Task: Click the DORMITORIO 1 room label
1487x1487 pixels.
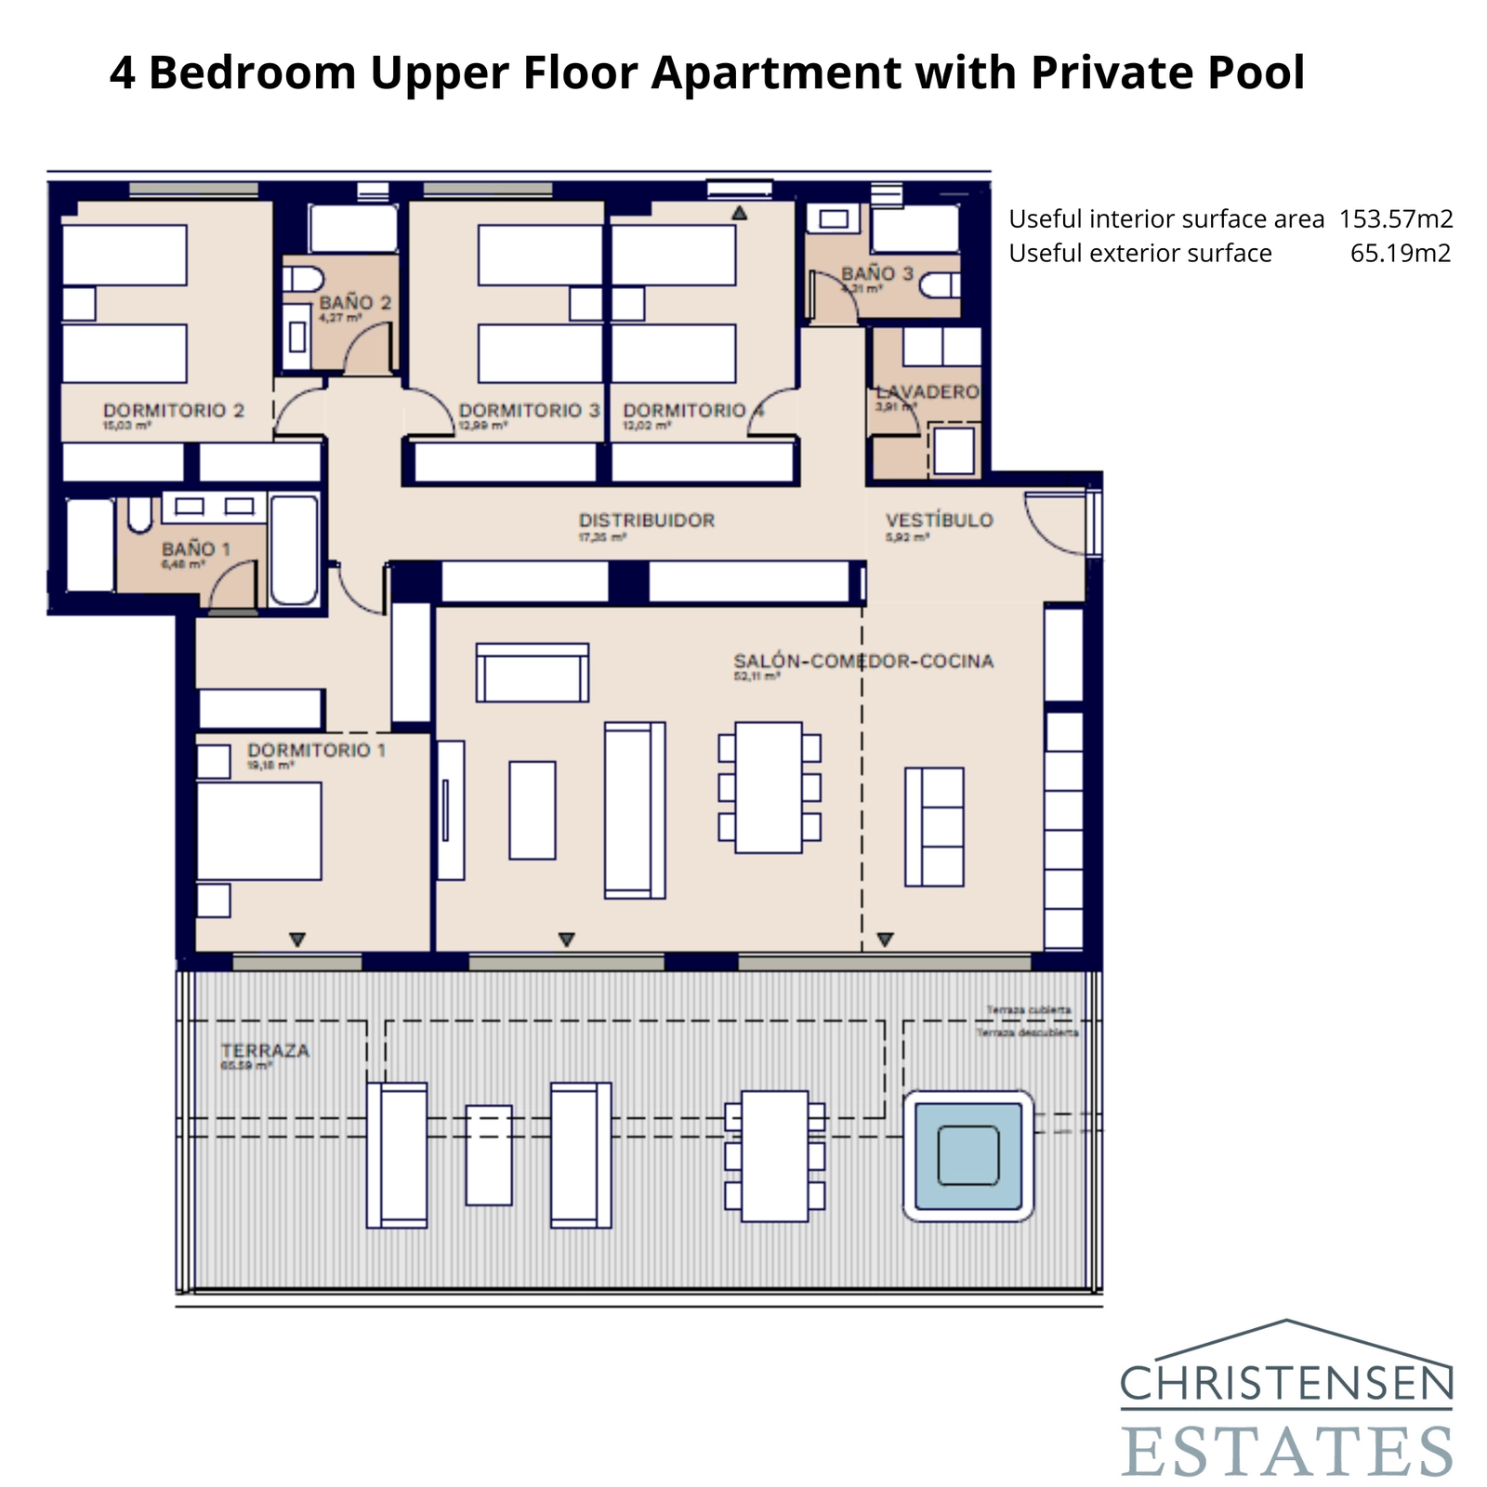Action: click(316, 750)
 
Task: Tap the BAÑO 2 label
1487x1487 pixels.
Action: click(355, 303)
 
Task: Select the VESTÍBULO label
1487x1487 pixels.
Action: click(939, 520)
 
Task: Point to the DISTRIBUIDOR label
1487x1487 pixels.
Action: click(647, 520)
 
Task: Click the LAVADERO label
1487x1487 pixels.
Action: click(928, 392)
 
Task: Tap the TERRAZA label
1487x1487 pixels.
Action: click(265, 1051)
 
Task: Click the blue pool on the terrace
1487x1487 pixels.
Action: click(967, 1155)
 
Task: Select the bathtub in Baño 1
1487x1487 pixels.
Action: click(294, 550)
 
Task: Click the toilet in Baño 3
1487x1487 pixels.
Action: click(941, 284)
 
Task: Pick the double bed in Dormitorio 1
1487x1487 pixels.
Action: click(259, 831)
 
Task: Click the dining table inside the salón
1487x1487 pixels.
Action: click(769, 787)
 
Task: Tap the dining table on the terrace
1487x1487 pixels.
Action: click(774, 1155)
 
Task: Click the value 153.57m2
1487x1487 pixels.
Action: click(1396, 219)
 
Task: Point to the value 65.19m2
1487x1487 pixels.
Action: click(1400, 254)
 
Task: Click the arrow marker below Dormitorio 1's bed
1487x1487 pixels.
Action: click(297, 940)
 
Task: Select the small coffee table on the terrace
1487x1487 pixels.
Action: click(489, 1154)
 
